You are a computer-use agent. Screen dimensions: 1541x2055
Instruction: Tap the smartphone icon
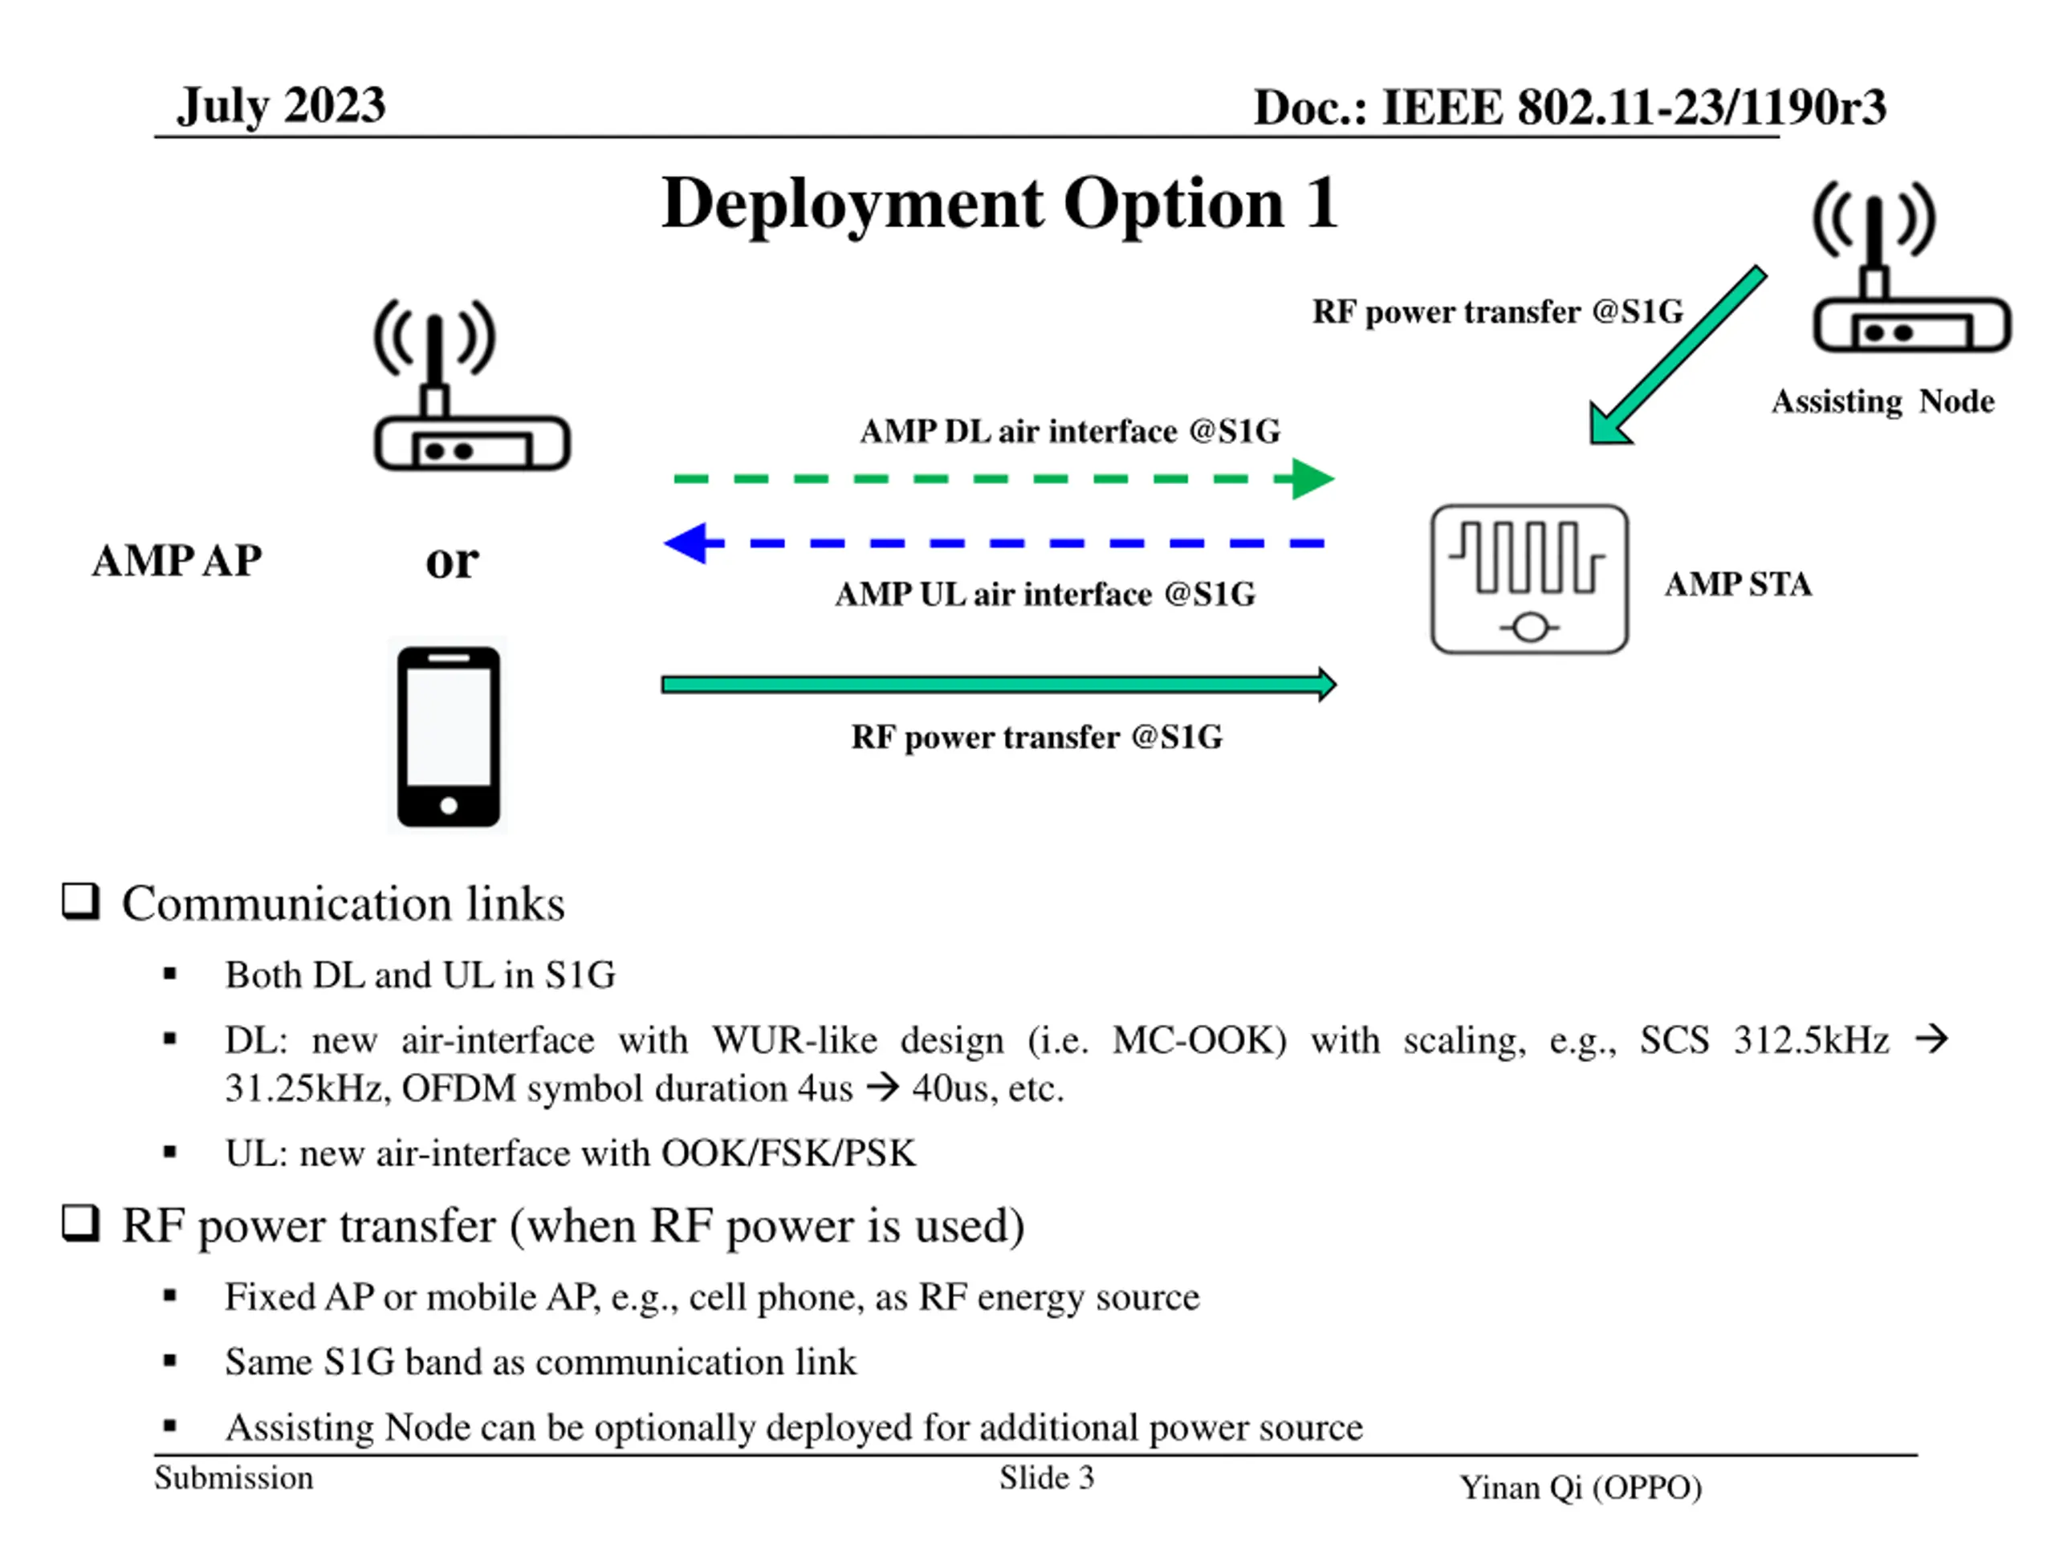click(x=449, y=737)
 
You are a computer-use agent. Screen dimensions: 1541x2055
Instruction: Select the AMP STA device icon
click(x=1529, y=579)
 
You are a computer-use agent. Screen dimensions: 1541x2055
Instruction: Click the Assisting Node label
click(x=1882, y=401)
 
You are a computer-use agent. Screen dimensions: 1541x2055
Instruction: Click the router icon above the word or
click(x=471, y=385)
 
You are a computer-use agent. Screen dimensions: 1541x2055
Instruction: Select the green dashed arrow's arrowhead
click(x=1311, y=479)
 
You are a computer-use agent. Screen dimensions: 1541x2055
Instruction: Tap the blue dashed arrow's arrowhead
click(x=687, y=543)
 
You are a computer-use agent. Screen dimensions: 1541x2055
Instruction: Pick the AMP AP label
click(x=177, y=561)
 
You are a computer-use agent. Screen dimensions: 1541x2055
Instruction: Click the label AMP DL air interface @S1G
click(x=1069, y=432)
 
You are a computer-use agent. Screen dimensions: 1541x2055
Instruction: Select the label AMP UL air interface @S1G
click(x=1045, y=595)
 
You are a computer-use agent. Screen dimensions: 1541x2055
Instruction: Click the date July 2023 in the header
click(x=282, y=105)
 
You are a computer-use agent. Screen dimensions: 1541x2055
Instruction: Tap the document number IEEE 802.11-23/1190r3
click(x=1634, y=108)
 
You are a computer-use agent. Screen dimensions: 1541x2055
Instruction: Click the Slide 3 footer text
click(x=1046, y=1478)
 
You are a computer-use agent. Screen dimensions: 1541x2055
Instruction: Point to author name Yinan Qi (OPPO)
click(x=1581, y=1488)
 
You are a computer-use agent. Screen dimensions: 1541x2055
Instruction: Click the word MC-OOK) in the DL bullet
click(x=1199, y=1040)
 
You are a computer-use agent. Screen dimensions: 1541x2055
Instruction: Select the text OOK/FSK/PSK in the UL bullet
click(x=787, y=1153)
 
